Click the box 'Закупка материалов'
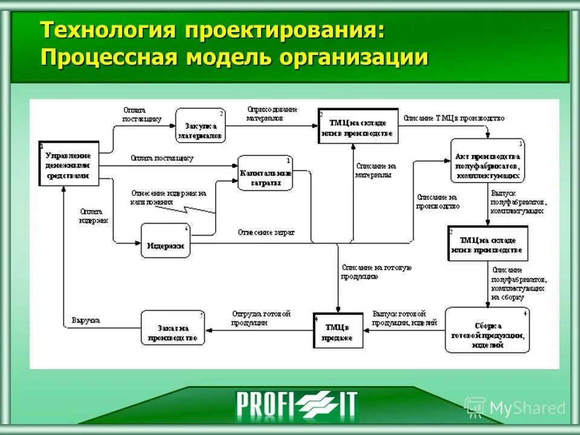click(x=201, y=126)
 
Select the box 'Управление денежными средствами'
click(x=68, y=163)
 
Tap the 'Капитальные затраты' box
click(x=265, y=173)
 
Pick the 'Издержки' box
click(x=165, y=240)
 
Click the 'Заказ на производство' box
click(x=173, y=327)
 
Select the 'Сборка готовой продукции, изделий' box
click(x=487, y=330)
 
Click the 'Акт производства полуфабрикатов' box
click(x=487, y=159)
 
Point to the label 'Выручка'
click(x=86, y=320)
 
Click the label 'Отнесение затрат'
click(x=266, y=232)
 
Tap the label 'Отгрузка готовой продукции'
click(x=261, y=318)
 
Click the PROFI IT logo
click(x=296, y=404)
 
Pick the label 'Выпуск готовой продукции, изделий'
click(x=400, y=318)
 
